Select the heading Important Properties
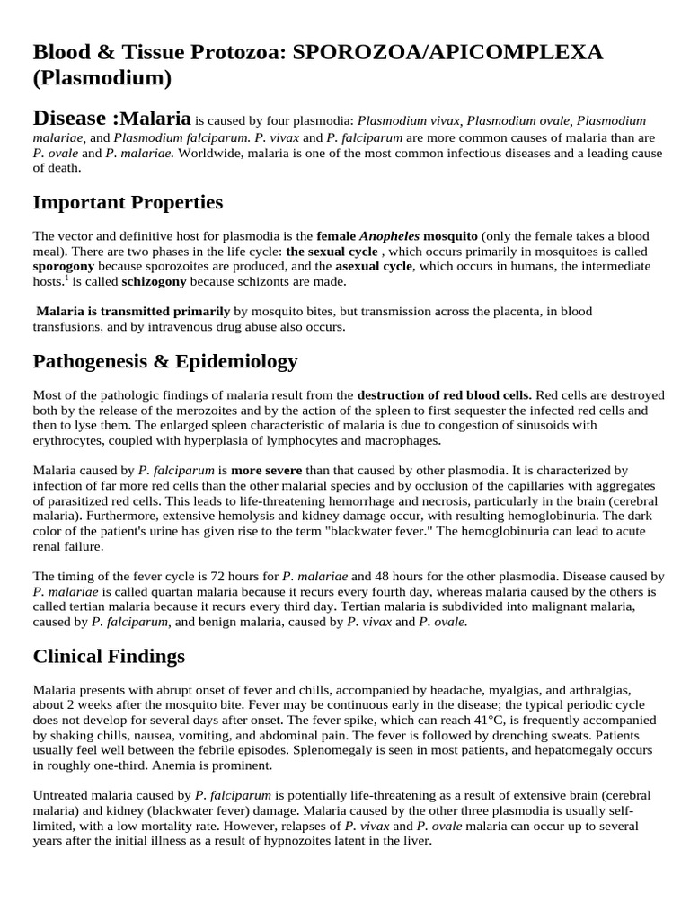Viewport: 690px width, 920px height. point(128,202)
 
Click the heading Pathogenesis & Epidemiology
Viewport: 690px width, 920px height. point(165,361)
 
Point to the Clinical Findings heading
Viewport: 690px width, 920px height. point(109,656)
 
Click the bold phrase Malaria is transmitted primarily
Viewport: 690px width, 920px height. point(133,312)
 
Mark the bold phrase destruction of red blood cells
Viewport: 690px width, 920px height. point(444,394)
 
